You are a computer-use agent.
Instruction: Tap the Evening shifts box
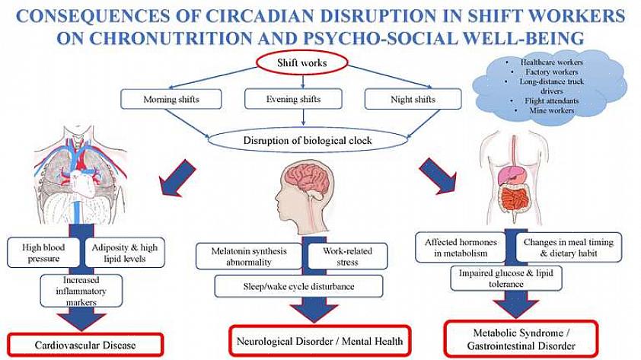(x=293, y=99)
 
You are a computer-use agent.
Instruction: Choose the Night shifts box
(x=413, y=99)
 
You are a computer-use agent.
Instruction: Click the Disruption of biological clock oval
(x=307, y=141)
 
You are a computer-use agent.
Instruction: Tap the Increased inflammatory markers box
(x=81, y=291)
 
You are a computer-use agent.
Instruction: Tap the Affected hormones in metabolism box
(x=460, y=247)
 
